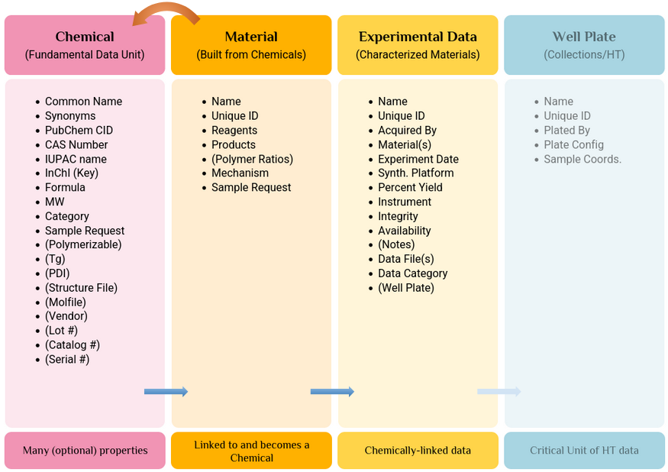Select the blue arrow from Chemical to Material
[166, 392]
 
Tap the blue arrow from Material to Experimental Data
[332, 392]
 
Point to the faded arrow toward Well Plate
[499, 392]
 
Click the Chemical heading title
[85, 37]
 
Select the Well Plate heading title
[584, 37]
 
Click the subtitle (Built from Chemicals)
[251, 54]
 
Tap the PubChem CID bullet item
[79, 131]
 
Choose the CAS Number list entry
[76, 144]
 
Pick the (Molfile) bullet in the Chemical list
[66, 302]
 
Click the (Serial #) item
[67, 360]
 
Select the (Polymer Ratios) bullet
[252, 159]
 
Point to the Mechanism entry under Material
[240, 173]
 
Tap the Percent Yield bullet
[410, 188]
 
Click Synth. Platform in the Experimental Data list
[415, 173]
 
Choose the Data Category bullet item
[412, 273]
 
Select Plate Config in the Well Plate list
[573, 145]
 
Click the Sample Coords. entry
[582, 159]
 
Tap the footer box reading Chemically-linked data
[418, 451]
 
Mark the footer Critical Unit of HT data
[584, 451]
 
